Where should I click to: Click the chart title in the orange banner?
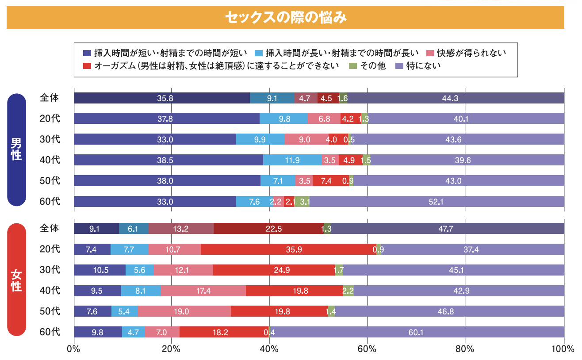(285, 18)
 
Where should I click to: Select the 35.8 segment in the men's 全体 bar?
(162, 98)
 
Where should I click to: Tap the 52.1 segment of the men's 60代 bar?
(436, 202)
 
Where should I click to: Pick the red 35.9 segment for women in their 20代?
(288, 249)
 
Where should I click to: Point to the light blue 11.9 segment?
(292, 160)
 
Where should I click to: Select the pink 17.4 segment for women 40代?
(203, 291)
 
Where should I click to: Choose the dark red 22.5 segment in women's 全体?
(268, 229)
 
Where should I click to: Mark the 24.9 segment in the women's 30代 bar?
(273, 270)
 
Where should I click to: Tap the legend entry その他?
(367, 66)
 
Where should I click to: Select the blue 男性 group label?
(16, 149)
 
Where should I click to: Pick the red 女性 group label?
(16, 280)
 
